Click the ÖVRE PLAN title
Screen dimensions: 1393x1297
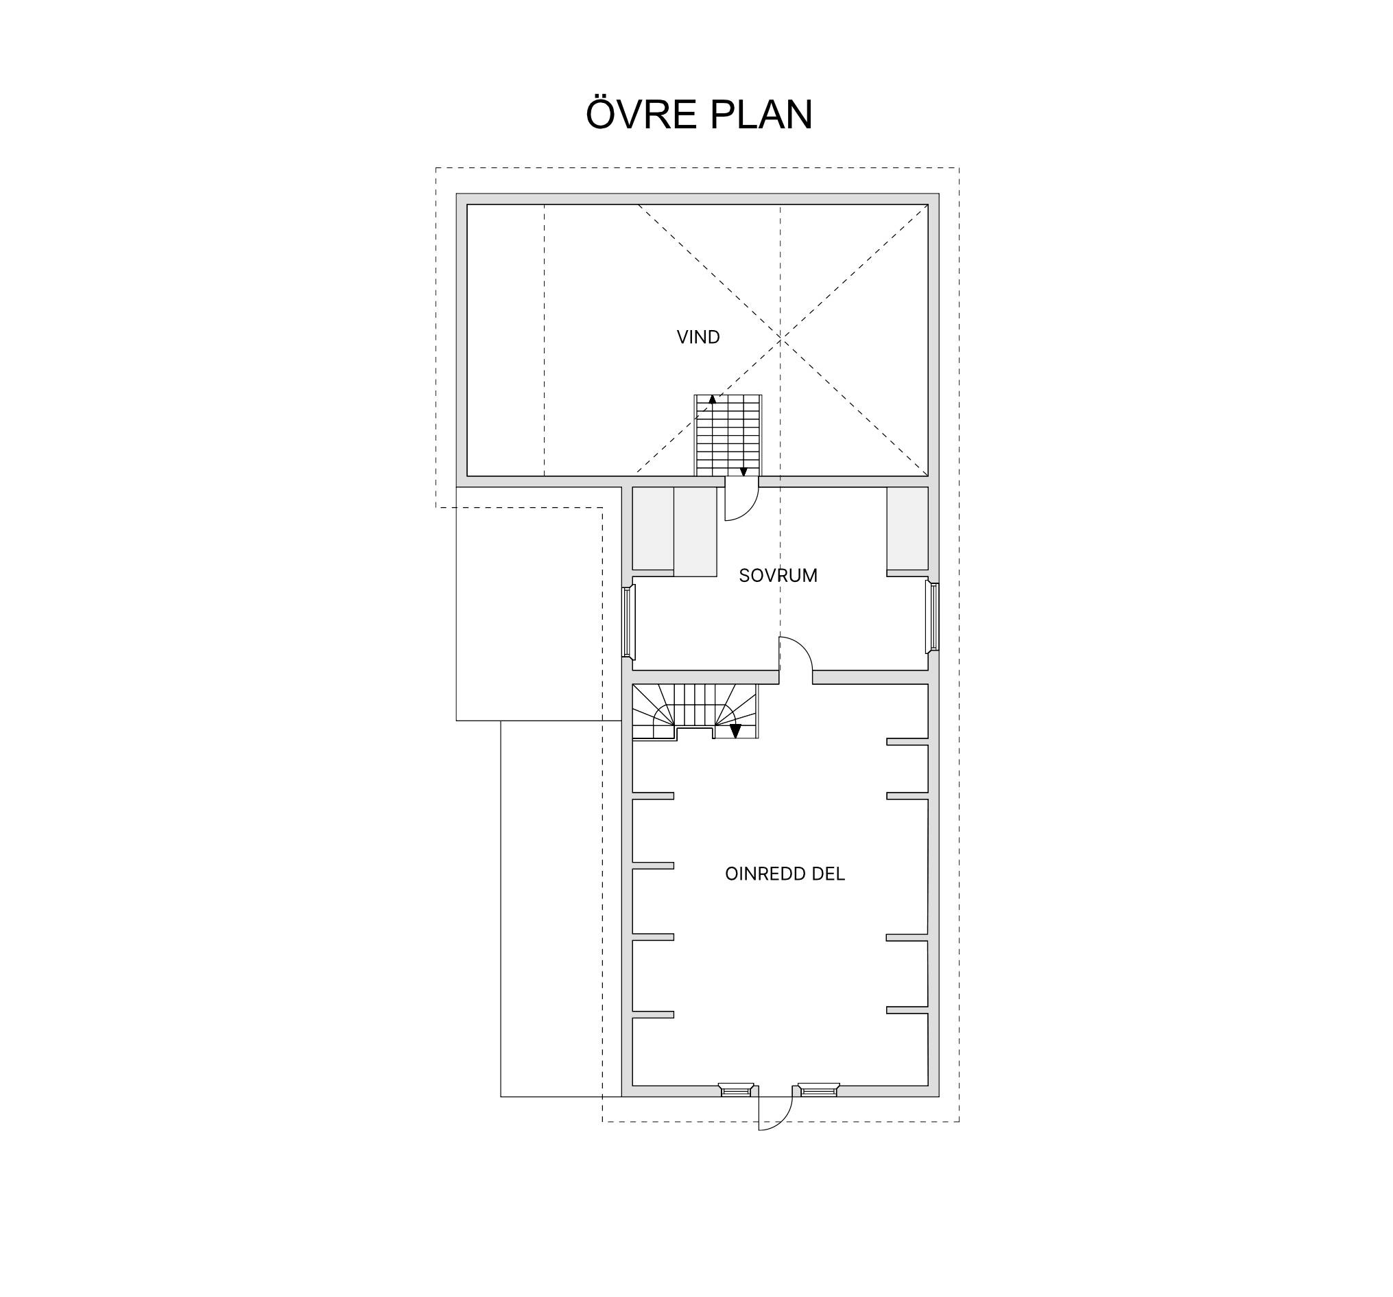(699, 114)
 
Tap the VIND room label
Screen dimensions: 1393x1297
(698, 337)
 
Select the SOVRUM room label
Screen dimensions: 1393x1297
(778, 576)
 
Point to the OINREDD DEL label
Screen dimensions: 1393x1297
(785, 874)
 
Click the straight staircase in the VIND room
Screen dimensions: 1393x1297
(728, 435)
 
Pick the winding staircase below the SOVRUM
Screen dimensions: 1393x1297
(695, 712)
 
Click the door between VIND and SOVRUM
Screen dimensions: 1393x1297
(741, 499)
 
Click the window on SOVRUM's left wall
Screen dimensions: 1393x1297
(628, 622)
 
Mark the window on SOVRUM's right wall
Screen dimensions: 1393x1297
(932, 616)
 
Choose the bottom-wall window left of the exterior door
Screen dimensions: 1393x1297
(736, 1090)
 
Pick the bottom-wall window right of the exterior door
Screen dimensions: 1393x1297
(818, 1090)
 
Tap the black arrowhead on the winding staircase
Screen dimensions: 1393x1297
(735, 732)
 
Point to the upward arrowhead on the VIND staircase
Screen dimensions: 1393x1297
(712, 399)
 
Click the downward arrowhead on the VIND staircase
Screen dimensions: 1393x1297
(743, 473)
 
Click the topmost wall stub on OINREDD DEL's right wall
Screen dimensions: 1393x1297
(907, 742)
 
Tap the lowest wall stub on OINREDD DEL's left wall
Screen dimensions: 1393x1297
(653, 1014)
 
